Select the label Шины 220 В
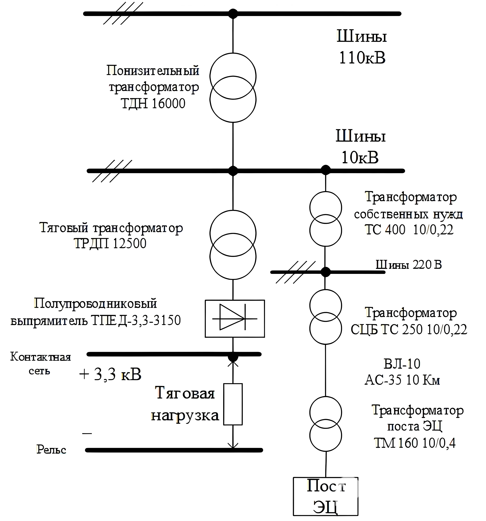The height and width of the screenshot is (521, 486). coord(409,265)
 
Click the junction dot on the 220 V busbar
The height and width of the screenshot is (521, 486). coord(325,272)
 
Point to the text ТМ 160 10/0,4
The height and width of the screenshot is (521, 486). coord(415,443)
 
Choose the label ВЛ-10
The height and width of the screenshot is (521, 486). coord(402,364)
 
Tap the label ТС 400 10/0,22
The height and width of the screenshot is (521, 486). coord(409,230)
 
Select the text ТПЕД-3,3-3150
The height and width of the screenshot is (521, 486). coord(136,320)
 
